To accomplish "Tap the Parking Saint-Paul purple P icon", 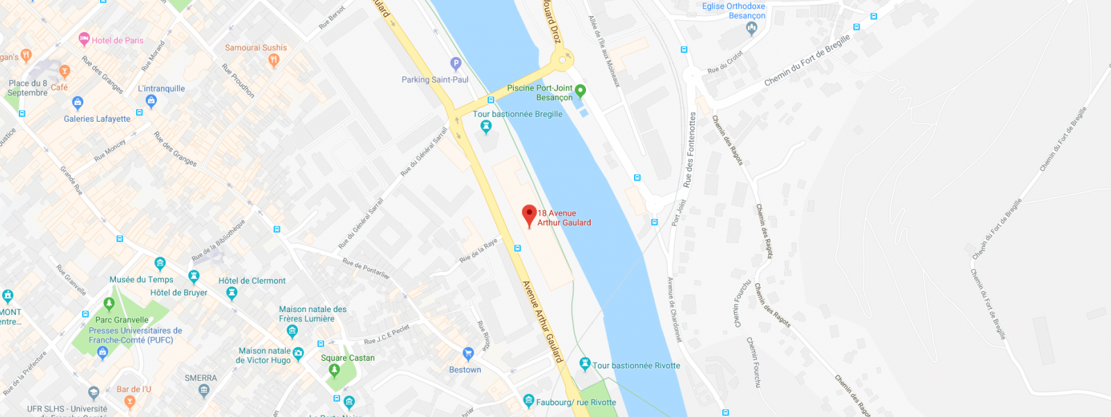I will click(x=456, y=63).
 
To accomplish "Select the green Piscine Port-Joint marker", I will click(x=580, y=90).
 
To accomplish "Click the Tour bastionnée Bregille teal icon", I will click(x=486, y=126).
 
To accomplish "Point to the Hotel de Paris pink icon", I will click(x=84, y=39).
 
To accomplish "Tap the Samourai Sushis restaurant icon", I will click(x=274, y=60).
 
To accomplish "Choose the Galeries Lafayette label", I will click(x=97, y=119).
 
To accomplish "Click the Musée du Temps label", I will click(x=141, y=279).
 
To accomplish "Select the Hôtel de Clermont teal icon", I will click(x=232, y=293).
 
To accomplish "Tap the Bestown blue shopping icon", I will click(x=468, y=354).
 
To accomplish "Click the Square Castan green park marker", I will click(x=334, y=370).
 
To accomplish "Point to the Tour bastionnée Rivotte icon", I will click(x=585, y=363).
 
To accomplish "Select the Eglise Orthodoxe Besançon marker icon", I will click(x=751, y=28).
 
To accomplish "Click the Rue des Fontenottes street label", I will click(x=689, y=150).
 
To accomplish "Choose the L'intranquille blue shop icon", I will click(x=151, y=101).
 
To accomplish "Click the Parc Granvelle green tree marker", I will click(x=108, y=304).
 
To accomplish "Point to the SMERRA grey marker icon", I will click(x=203, y=390).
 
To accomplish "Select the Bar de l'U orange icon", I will click(x=129, y=401).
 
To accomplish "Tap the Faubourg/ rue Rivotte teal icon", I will click(x=528, y=401).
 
